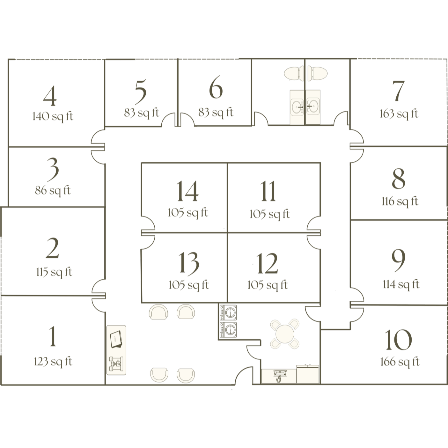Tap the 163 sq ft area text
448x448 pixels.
(399, 114)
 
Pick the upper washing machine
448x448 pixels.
(228, 311)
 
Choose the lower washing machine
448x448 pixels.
(228, 329)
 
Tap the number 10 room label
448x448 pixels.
(398, 340)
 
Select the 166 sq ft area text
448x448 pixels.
(400, 362)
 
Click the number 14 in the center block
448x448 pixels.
(187, 191)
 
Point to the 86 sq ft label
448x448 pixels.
(53, 191)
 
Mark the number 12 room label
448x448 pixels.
(267, 264)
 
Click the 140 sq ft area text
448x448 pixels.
(53, 116)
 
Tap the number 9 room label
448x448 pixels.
(398, 261)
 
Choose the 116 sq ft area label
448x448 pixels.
(400, 202)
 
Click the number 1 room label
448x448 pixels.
(53, 337)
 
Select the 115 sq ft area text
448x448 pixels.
(54, 272)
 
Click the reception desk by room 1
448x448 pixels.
(116, 350)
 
